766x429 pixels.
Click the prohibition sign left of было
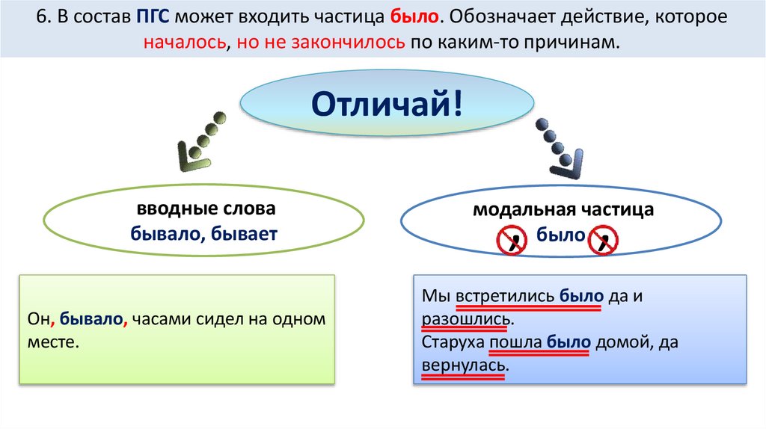pyautogui.click(x=512, y=241)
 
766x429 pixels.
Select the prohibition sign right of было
pyautogui.click(x=603, y=241)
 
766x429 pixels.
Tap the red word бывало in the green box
pyautogui.click(x=93, y=319)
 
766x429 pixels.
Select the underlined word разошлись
pyautogui.click(x=467, y=319)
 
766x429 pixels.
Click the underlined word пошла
pyautogui.click(x=515, y=343)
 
